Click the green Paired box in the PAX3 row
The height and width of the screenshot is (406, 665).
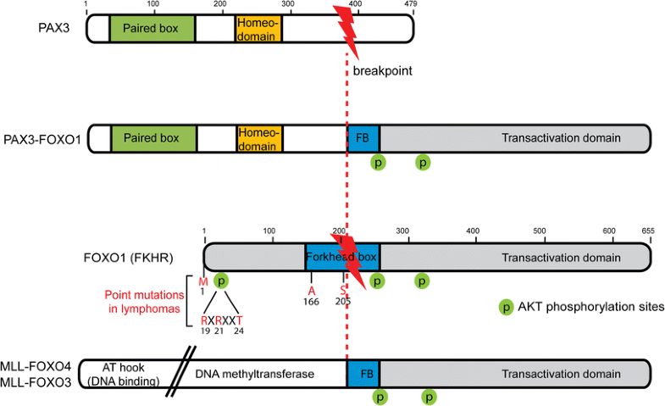coord(152,28)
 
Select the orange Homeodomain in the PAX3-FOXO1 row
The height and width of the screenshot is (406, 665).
coord(259,137)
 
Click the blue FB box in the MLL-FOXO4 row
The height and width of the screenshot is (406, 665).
coord(363,373)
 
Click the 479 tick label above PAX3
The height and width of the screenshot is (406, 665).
coord(411,5)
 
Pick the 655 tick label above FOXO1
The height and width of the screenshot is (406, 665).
coord(648,231)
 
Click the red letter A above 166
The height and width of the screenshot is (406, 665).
coord(312,291)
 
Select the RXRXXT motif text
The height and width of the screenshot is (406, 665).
coord(222,320)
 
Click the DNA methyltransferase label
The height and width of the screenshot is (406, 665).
coord(249,373)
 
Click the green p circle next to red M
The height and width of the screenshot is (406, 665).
coord(222,281)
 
